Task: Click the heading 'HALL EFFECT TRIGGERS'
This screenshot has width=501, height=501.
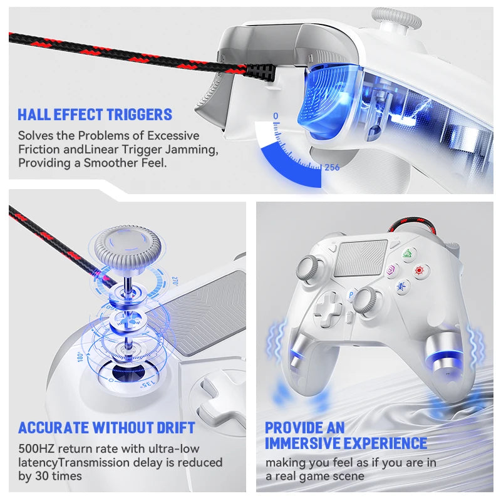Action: pos(95,115)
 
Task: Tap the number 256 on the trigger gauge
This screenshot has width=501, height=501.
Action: pos(331,167)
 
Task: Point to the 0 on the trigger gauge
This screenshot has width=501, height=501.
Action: pos(275,116)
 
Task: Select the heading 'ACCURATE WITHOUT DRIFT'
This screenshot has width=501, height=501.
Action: pos(106,428)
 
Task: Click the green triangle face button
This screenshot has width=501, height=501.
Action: pos(408,254)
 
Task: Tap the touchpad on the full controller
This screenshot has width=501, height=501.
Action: pos(361,257)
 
